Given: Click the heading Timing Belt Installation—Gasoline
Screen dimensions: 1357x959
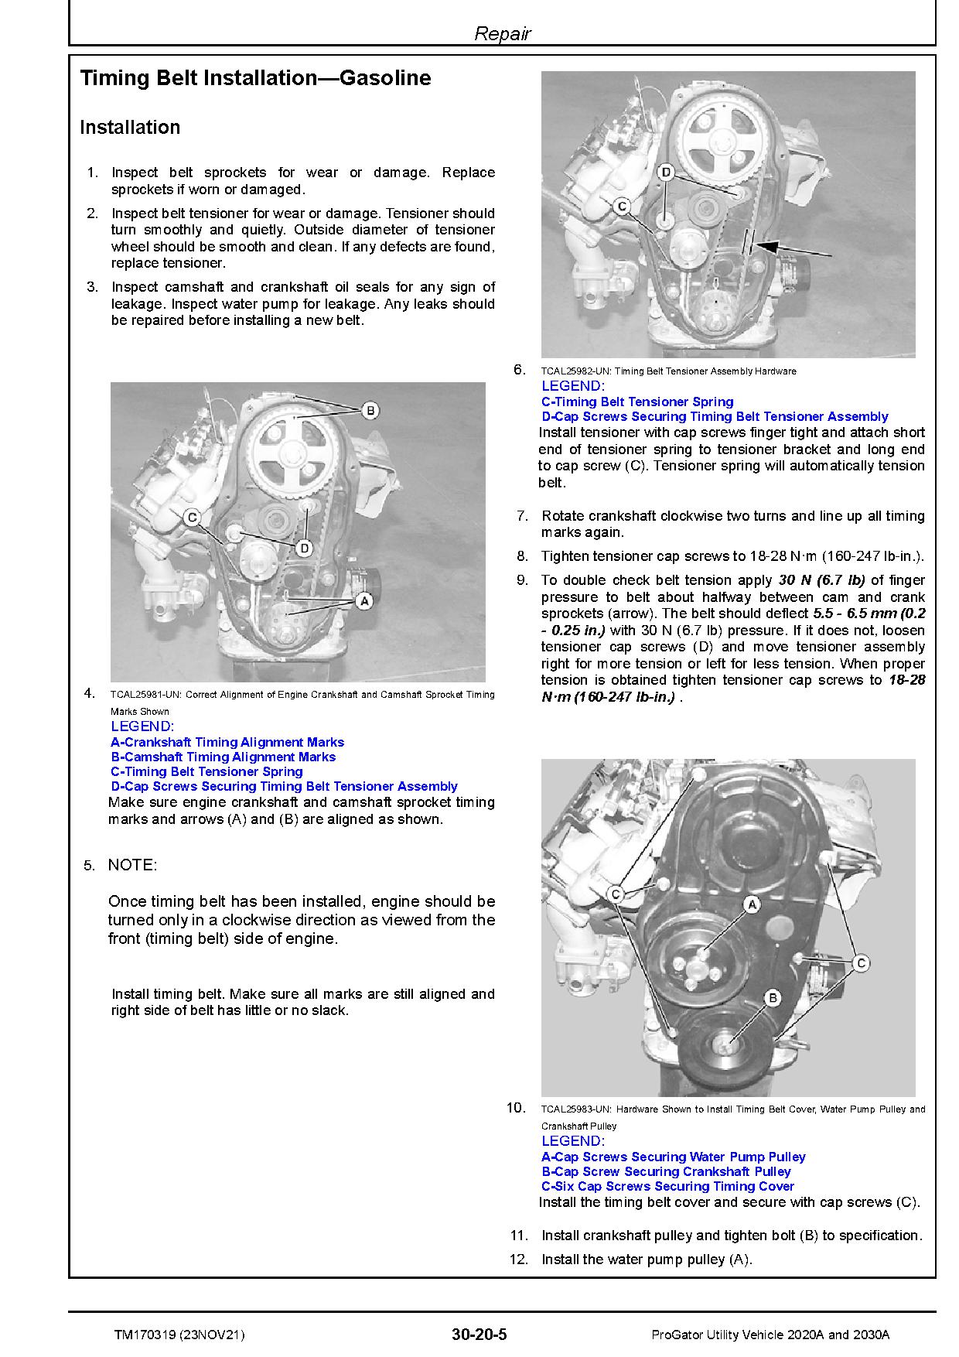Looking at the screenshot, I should [255, 78].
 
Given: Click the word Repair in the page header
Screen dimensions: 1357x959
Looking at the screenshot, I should [502, 34].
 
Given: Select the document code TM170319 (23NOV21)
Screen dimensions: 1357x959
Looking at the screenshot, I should [180, 1335].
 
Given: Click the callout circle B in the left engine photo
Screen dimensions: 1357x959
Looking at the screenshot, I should [370, 410].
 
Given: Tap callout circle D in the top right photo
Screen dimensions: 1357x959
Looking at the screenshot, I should [666, 172].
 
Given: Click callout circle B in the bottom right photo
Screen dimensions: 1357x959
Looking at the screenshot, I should [772, 998].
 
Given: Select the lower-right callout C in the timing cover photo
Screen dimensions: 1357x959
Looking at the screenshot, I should [861, 963].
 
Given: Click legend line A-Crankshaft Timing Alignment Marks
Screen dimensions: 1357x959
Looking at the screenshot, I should [227, 742].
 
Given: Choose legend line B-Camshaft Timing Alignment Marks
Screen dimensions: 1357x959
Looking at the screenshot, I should [223, 757].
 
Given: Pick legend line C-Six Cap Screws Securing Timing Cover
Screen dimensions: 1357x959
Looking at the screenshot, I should [667, 1186].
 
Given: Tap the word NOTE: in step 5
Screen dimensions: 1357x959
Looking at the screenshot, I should [132, 865].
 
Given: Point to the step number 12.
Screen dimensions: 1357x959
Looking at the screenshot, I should [518, 1260].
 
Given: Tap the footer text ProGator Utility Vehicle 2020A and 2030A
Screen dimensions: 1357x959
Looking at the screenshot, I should [770, 1335].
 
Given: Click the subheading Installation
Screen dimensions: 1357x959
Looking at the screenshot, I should [130, 128].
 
